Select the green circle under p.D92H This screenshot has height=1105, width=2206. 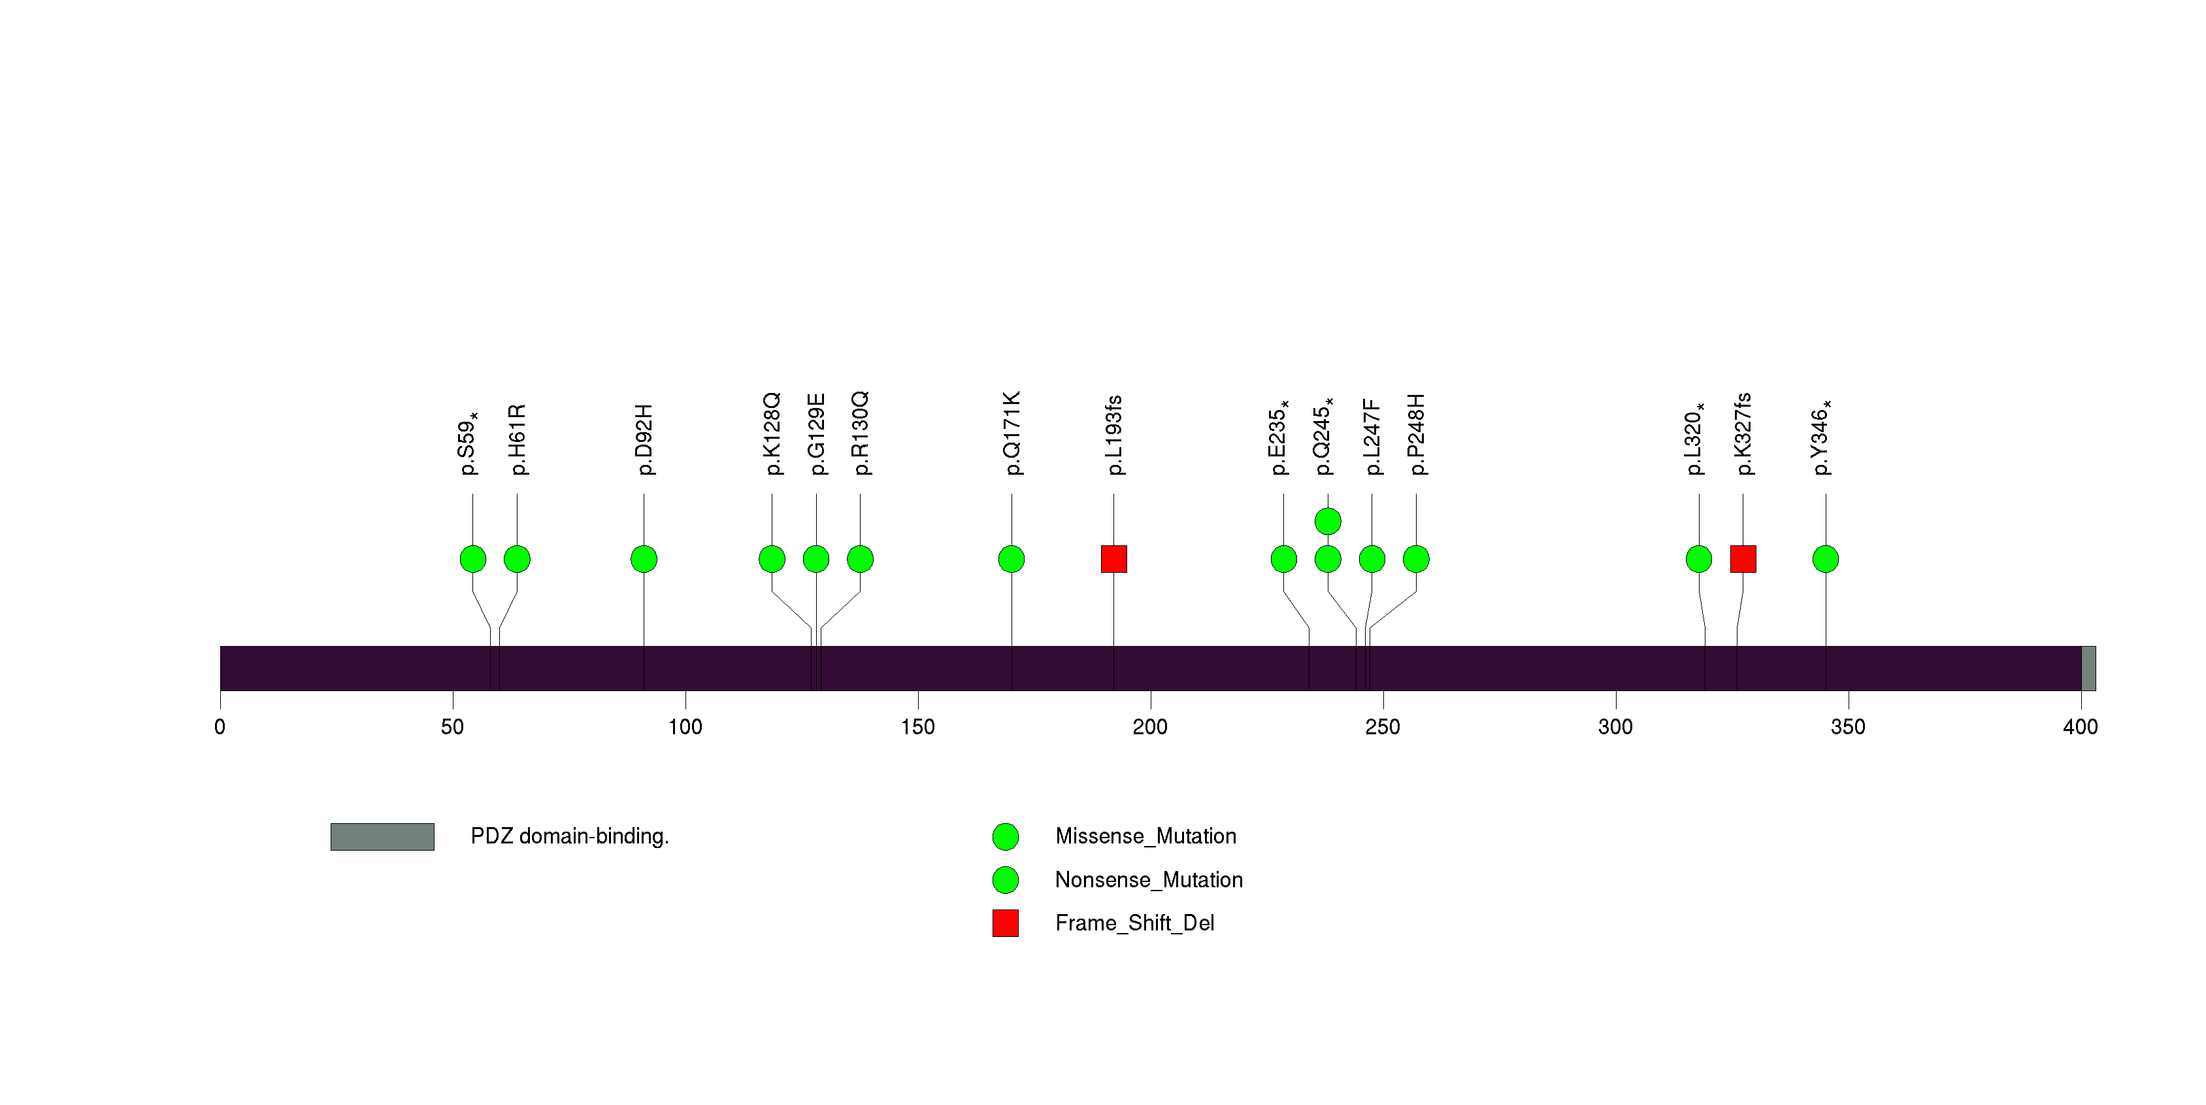pos(644,559)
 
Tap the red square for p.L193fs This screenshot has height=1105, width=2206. pos(1113,559)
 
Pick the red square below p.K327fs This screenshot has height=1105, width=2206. pos(1743,559)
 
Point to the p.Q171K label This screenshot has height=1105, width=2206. pos(1012,433)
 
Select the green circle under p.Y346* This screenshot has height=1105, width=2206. pos(1826,559)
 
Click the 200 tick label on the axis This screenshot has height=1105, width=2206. pos(1149,727)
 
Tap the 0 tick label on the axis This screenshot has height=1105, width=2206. pos(220,727)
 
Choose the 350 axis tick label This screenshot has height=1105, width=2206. pos(1847,727)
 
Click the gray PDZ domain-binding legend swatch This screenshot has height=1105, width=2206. pos(382,837)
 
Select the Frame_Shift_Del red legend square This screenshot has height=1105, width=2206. pos(1006,923)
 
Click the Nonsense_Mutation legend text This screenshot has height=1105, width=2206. pos(1148,879)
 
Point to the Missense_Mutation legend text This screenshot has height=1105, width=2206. pos(1145,836)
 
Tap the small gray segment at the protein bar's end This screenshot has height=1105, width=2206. pos(2088,668)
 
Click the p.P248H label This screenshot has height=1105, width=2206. pos(1417,434)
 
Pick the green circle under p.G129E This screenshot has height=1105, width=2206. pos(816,559)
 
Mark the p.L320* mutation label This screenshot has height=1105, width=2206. pos(1695,439)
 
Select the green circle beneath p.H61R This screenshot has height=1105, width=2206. pos(518,559)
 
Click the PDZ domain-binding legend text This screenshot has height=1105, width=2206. pos(570,836)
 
